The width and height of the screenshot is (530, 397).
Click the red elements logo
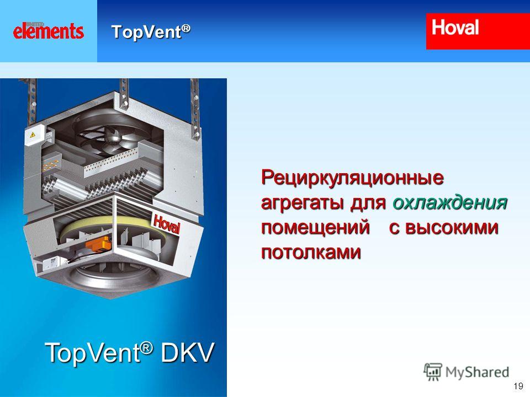49,31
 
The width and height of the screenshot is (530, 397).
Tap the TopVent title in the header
151,32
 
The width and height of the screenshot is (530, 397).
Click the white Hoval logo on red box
455,28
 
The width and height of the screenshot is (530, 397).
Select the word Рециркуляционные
352,178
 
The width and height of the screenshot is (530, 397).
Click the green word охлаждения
450,202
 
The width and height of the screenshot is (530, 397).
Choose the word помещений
315,227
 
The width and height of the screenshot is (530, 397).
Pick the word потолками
311,252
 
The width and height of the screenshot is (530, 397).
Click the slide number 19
518,386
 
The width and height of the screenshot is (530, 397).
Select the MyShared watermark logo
466,372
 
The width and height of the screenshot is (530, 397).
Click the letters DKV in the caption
187,353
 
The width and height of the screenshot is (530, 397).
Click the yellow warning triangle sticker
33,135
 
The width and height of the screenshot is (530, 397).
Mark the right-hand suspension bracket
195,109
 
